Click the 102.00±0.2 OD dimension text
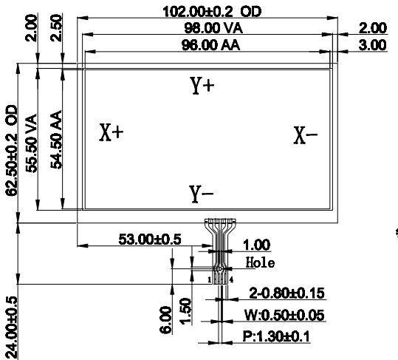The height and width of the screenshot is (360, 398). pyautogui.click(x=212, y=12)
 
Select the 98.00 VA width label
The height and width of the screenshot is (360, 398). pyautogui.click(x=213, y=28)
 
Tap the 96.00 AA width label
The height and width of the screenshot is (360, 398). pyautogui.click(x=210, y=45)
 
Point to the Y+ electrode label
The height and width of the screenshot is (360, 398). pyautogui.click(x=202, y=86)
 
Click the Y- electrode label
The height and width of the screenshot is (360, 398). pyautogui.click(x=202, y=194)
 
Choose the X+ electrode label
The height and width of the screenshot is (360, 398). pyautogui.click(x=111, y=132)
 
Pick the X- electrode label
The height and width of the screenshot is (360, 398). pyautogui.click(x=306, y=135)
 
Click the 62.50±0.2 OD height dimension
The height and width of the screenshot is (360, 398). pyautogui.click(x=11, y=150)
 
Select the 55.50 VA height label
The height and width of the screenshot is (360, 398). pyautogui.click(x=32, y=143)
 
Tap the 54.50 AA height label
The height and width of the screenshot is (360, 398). pyautogui.click(x=56, y=140)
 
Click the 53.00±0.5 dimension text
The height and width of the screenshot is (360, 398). pyautogui.click(x=150, y=240)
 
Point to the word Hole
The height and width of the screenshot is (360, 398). pyautogui.click(x=260, y=262)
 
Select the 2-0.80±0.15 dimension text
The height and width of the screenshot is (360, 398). pyautogui.click(x=287, y=293)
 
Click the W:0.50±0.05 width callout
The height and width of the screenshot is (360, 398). pyautogui.click(x=284, y=315)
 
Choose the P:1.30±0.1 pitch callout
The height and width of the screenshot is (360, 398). pyautogui.click(x=276, y=336)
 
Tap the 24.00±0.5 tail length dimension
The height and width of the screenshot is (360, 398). pyautogui.click(x=11, y=327)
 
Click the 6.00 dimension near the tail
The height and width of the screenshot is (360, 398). pyautogui.click(x=165, y=319)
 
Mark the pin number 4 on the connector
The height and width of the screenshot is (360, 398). pyautogui.click(x=231, y=280)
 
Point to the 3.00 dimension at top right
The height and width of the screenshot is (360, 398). pyautogui.click(x=373, y=45)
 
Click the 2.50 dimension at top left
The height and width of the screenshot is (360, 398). pyautogui.click(x=56, y=28)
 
